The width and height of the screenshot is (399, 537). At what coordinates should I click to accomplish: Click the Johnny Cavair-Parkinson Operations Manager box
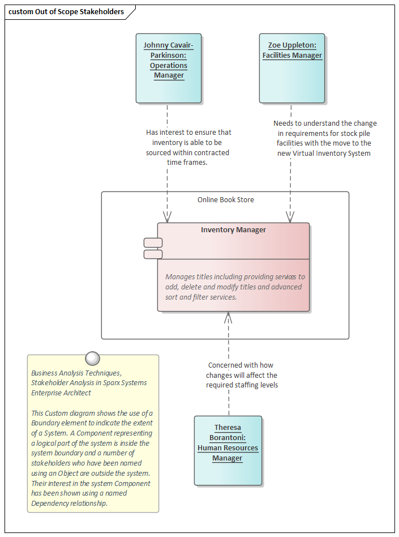[x=169, y=68]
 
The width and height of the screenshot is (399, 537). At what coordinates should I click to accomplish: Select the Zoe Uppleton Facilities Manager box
[x=292, y=68]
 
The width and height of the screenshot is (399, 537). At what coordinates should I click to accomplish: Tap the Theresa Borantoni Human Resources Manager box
[x=228, y=450]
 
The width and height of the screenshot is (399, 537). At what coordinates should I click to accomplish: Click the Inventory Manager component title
[x=233, y=230]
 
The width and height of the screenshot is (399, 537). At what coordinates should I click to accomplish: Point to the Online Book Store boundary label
[x=225, y=200]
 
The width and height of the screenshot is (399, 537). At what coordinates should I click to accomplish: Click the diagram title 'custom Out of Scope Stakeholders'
[x=66, y=12]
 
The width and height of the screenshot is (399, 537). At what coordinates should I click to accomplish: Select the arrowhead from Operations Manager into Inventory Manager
[x=167, y=217]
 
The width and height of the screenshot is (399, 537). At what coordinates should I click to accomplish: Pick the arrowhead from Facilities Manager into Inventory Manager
[x=290, y=217]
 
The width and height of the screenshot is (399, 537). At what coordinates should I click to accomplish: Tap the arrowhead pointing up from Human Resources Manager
[x=228, y=318]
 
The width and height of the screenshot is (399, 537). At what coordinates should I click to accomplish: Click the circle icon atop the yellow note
[x=92, y=358]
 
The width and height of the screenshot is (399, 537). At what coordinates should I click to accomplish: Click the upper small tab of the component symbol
[x=153, y=243]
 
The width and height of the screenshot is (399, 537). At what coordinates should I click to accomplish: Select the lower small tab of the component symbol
[x=153, y=254]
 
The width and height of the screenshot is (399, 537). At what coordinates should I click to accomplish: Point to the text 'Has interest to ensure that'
[x=188, y=133]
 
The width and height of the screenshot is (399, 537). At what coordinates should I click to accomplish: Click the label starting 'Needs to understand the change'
[x=324, y=123]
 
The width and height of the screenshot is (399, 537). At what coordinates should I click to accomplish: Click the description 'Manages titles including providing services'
[x=234, y=277]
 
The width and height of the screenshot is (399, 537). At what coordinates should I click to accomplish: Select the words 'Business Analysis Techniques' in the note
[x=76, y=373]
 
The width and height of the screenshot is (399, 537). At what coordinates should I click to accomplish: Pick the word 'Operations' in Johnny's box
[x=169, y=66]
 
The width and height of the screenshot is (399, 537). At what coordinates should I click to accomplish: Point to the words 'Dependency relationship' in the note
[x=69, y=503]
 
